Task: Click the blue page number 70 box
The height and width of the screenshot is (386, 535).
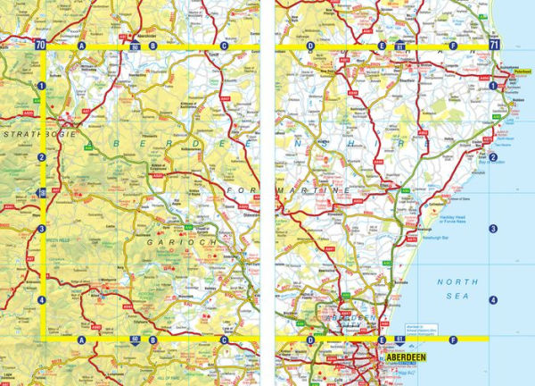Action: coord(40,44)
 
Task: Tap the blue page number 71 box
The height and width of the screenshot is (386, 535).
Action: coord(493,44)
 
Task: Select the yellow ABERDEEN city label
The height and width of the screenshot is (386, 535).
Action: coord(407,359)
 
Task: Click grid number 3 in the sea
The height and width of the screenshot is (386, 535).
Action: coord(492,230)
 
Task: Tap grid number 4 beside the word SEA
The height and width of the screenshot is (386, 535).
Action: coord(492,299)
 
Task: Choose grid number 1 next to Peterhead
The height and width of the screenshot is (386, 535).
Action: coord(492,86)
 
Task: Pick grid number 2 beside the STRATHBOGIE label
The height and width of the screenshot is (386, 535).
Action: coord(42,158)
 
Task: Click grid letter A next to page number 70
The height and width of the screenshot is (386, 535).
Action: coord(82,45)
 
